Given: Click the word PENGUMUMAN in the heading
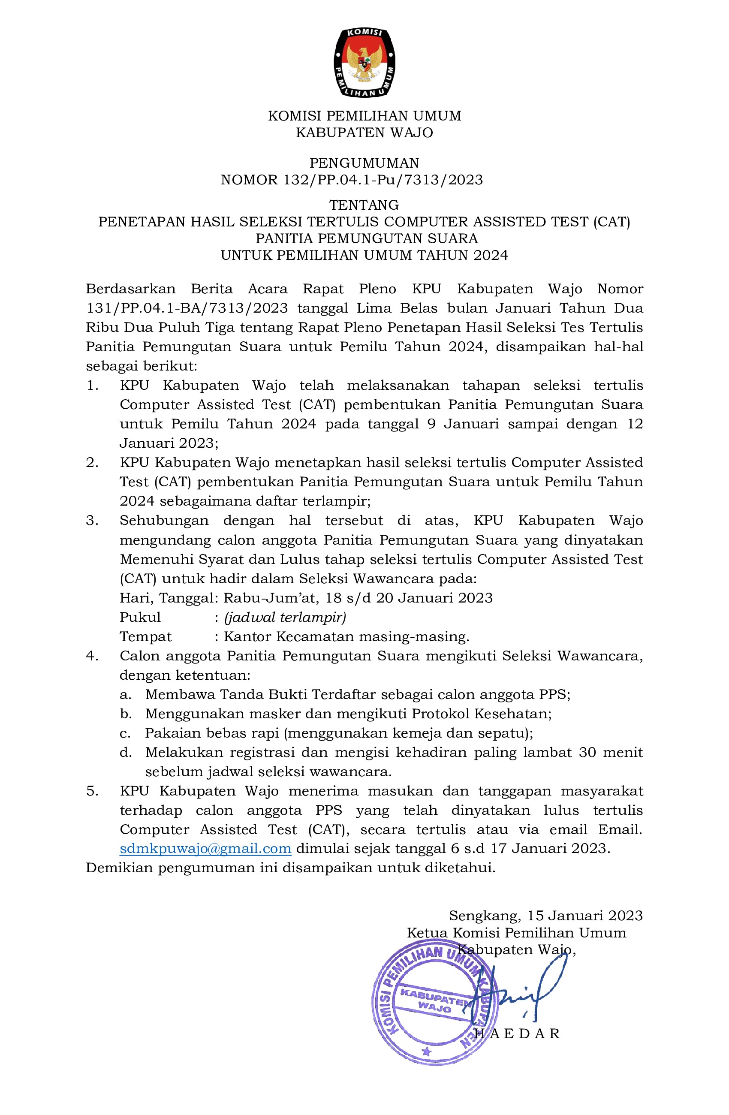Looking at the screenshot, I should click(364, 163).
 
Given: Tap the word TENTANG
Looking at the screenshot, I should click(364, 205).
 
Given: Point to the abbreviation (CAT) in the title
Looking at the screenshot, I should click(612, 221).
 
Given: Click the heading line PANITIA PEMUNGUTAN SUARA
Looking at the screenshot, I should click(366, 238).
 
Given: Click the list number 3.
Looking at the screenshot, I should click(92, 521).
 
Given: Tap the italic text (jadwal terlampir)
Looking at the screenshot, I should click(285, 617).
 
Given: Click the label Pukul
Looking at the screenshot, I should click(140, 617).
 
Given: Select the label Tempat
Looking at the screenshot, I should click(146, 636).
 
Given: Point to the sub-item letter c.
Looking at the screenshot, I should click(125, 733).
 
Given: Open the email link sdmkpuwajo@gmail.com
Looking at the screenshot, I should click(206, 848).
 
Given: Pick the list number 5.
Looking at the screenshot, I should click(92, 791).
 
